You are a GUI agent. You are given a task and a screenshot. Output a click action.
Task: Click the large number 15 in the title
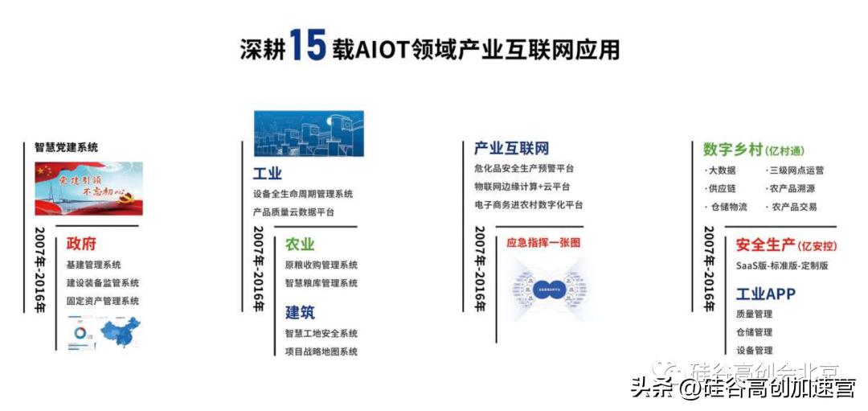pyautogui.click(x=307, y=46)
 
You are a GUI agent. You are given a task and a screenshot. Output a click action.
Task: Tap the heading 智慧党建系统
pyautogui.click(x=66, y=147)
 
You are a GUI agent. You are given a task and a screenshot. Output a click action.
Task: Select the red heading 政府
pyautogui.click(x=81, y=244)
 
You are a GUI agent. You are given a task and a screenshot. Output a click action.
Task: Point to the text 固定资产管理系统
pyautogui.click(x=103, y=301)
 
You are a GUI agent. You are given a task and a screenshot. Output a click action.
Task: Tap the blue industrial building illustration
pyautogui.click(x=309, y=134)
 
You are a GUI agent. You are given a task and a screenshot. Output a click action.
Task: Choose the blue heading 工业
pyautogui.click(x=268, y=174)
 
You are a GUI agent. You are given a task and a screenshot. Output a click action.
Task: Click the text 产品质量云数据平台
pyautogui.click(x=293, y=212)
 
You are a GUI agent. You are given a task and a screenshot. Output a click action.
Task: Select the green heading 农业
pyautogui.click(x=300, y=244)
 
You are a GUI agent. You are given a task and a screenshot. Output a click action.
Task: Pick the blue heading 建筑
pyautogui.click(x=300, y=312)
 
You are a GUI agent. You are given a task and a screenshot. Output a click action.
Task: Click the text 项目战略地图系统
pyautogui.click(x=321, y=351)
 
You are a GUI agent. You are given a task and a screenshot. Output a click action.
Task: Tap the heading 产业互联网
pyautogui.click(x=511, y=149)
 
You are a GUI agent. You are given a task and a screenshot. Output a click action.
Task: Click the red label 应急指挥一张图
pyautogui.click(x=542, y=242)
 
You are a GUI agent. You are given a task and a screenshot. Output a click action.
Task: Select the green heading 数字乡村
pyautogui.click(x=732, y=150)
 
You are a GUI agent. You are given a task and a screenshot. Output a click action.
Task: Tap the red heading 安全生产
pyautogui.click(x=765, y=245)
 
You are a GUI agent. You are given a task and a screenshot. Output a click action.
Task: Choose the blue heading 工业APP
pyautogui.click(x=765, y=294)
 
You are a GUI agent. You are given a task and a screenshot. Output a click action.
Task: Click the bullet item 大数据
pyautogui.click(x=721, y=171)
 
